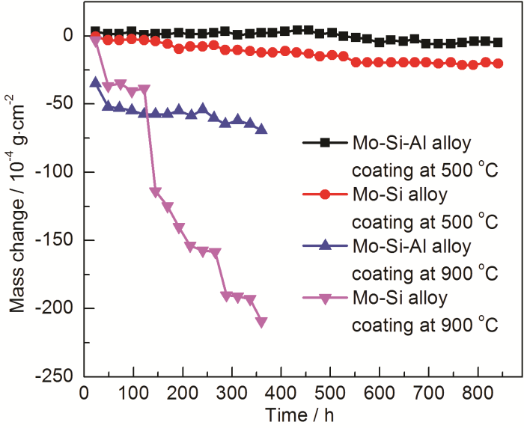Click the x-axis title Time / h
[x=303, y=414]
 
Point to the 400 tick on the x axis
[x=281, y=376]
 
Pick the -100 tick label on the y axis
[x=61, y=171]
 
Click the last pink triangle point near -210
[x=261, y=322]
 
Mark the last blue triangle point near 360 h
[x=261, y=129]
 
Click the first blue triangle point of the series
[x=95, y=82]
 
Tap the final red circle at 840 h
[x=497, y=64]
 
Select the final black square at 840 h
[x=497, y=43]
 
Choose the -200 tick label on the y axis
[x=61, y=308]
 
